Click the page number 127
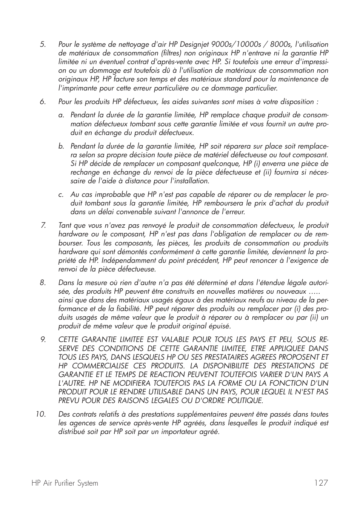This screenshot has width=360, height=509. pyautogui.click(x=320, y=483)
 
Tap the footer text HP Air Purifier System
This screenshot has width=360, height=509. pyautogui.click(x=65, y=483)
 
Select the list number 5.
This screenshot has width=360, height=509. pyautogui.click(x=43, y=44)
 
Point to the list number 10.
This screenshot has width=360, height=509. pyautogui.click(x=41, y=414)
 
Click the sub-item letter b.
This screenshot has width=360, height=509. pyautogui.click(x=61, y=146)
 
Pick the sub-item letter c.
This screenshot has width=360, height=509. pyautogui.click(x=61, y=195)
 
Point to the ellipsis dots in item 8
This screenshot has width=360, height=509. pyautogui.click(x=314, y=291)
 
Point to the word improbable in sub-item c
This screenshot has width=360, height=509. pyautogui.click(x=109, y=195)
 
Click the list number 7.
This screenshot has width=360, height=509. pyautogui.click(x=43, y=225)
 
